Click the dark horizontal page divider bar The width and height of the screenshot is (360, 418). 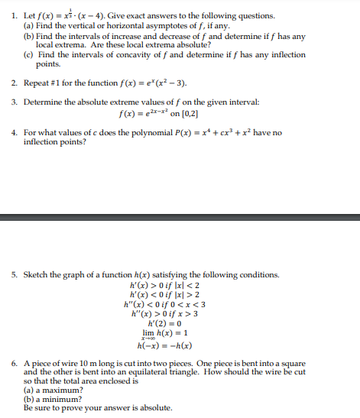click(180, 217)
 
